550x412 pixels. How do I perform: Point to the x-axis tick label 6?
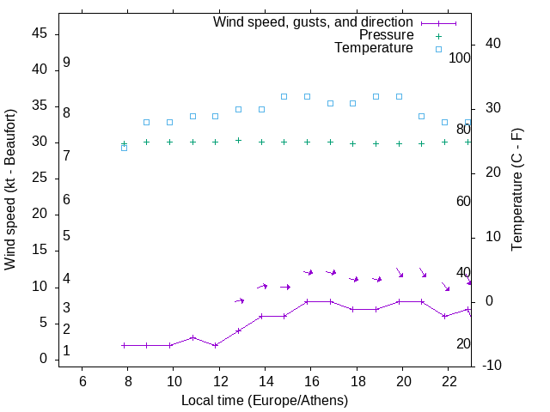tap(82, 380)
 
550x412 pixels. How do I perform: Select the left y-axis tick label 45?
tap(40, 33)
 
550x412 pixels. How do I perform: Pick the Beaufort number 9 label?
tap(66, 63)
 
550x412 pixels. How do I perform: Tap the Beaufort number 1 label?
tap(66, 351)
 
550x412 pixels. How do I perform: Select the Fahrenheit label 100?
tap(460, 58)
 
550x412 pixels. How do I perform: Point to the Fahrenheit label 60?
tap(463, 201)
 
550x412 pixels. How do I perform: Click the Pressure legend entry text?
tap(386, 35)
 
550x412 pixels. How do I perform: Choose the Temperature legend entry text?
tap(374, 48)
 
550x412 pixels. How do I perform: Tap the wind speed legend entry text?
tap(313, 22)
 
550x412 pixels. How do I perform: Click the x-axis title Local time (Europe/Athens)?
tap(265, 400)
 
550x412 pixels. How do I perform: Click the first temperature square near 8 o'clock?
tap(124, 148)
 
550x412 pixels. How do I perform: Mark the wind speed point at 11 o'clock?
tap(192, 337)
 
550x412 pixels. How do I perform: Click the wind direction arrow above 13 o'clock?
tap(239, 300)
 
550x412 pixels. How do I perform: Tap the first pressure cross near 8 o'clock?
tap(124, 143)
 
